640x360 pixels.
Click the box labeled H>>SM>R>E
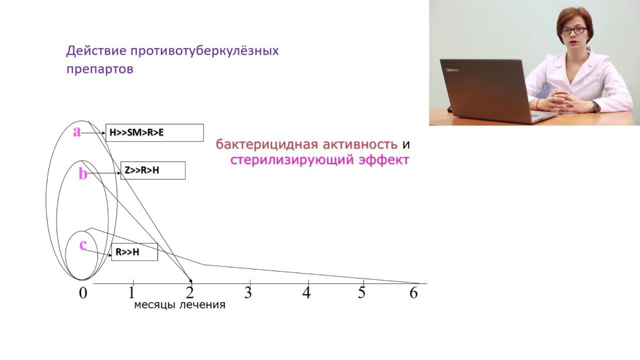[154, 133]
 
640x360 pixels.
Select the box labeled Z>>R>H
[153, 170]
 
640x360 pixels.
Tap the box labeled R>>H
[134, 252]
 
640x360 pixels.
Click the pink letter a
[77, 131]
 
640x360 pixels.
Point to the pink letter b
[83, 173]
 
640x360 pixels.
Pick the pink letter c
[83, 245]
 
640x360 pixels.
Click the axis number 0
[83, 293]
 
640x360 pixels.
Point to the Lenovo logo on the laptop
[451, 68]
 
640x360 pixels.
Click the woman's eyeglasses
[573, 30]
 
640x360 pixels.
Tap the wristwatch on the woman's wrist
[595, 105]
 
